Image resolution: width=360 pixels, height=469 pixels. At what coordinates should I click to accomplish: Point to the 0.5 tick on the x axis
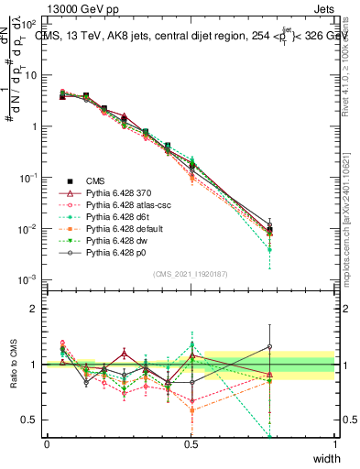coord(191,443)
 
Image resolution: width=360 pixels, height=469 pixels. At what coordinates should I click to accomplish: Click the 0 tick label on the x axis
coord(47,443)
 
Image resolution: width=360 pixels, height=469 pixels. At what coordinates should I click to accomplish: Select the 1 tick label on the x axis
coord(335,443)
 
